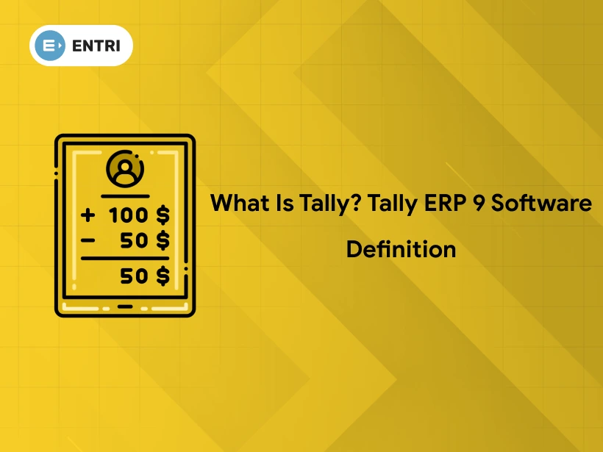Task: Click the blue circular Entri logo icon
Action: tap(49, 46)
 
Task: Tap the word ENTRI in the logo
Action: tap(96, 46)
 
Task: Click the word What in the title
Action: tap(238, 203)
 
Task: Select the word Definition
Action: tap(401, 249)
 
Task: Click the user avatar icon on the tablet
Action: tap(125, 170)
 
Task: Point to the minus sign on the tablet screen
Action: tap(88, 240)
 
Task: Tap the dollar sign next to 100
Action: tap(163, 216)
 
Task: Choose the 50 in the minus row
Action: tap(135, 240)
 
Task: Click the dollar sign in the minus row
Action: tap(163, 240)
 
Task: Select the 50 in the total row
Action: tap(135, 276)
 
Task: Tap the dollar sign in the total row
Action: tap(163, 276)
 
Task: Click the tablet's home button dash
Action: tap(125, 306)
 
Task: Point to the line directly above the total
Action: tap(125, 258)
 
